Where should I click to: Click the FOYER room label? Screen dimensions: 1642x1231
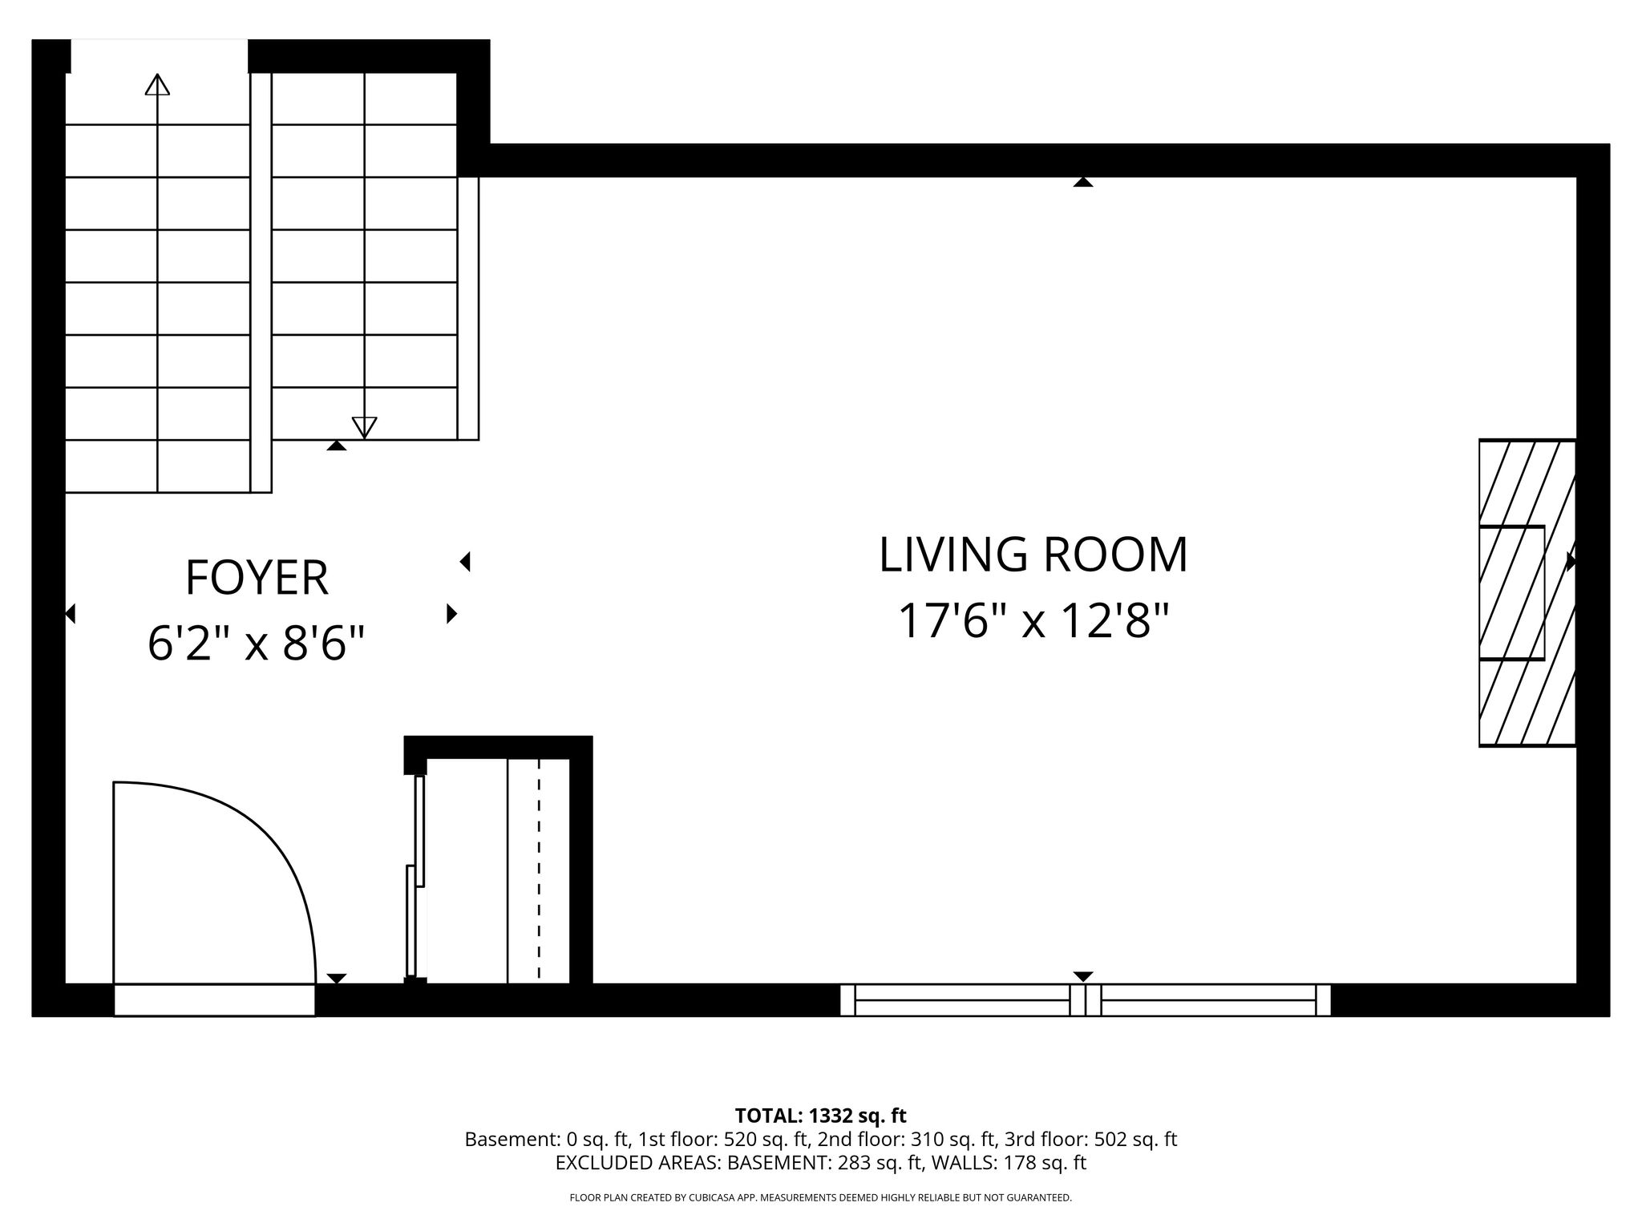point(257,578)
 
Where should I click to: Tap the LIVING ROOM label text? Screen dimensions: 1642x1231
point(1033,555)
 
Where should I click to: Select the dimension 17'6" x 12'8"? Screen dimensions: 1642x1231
point(1033,621)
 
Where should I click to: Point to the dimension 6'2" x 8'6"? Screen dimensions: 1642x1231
point(257,644)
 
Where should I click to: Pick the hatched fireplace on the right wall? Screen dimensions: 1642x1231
point(1527,593)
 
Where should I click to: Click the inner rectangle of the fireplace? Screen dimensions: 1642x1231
point(1512,593)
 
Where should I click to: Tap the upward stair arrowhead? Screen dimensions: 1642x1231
point(157,84)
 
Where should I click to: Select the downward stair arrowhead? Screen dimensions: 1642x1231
point(365,428)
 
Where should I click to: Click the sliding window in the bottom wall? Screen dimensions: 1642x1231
point(1086,1000)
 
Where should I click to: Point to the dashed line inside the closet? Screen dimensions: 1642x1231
point(539,870)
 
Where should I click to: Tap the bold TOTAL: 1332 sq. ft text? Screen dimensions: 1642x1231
point(820,1116)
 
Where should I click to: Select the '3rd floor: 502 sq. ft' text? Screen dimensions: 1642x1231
point(1090,1140)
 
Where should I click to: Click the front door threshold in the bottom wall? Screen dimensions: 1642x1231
point(214,1000)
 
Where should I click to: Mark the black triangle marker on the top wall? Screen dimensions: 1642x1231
point(1083,182)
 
